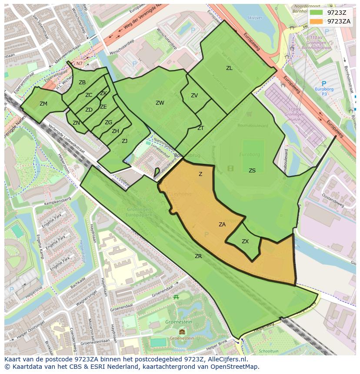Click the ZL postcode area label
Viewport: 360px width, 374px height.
point(229,68)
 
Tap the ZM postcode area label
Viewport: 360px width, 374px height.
point(43,104)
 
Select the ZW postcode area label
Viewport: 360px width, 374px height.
point(160,103)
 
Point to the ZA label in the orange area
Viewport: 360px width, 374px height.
point(222,225)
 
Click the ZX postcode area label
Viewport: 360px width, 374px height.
point(245,242)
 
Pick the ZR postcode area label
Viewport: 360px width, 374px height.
point(198,256)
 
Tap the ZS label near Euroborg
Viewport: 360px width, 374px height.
point(252,171)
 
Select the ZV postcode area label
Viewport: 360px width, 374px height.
point(194,96)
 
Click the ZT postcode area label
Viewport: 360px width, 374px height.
point(200,128)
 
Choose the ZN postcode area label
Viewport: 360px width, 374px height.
point(76,123)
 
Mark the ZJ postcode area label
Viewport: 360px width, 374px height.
point(124,141)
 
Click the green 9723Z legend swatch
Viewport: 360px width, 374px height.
point(316,13)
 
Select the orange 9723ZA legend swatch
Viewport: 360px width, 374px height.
point(316,21)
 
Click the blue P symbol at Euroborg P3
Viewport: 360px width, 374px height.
point(323,83)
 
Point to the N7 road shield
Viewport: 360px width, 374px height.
point(79,64)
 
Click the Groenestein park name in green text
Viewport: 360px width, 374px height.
point(179,322)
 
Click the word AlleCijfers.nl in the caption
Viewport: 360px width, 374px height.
point(226,359)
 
